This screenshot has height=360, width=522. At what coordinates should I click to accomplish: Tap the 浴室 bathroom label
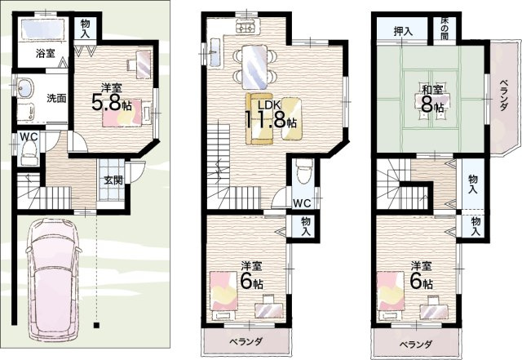45,54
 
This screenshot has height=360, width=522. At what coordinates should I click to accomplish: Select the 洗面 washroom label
55,99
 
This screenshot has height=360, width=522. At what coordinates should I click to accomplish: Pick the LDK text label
269,105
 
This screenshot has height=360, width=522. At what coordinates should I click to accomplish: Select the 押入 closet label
403,32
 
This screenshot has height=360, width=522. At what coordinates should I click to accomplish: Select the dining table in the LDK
254,64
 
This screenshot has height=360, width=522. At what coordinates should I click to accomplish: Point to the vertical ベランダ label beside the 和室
503,96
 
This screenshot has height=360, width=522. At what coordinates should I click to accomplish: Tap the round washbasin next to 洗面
23,87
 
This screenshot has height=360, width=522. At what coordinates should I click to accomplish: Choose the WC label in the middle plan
302,203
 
